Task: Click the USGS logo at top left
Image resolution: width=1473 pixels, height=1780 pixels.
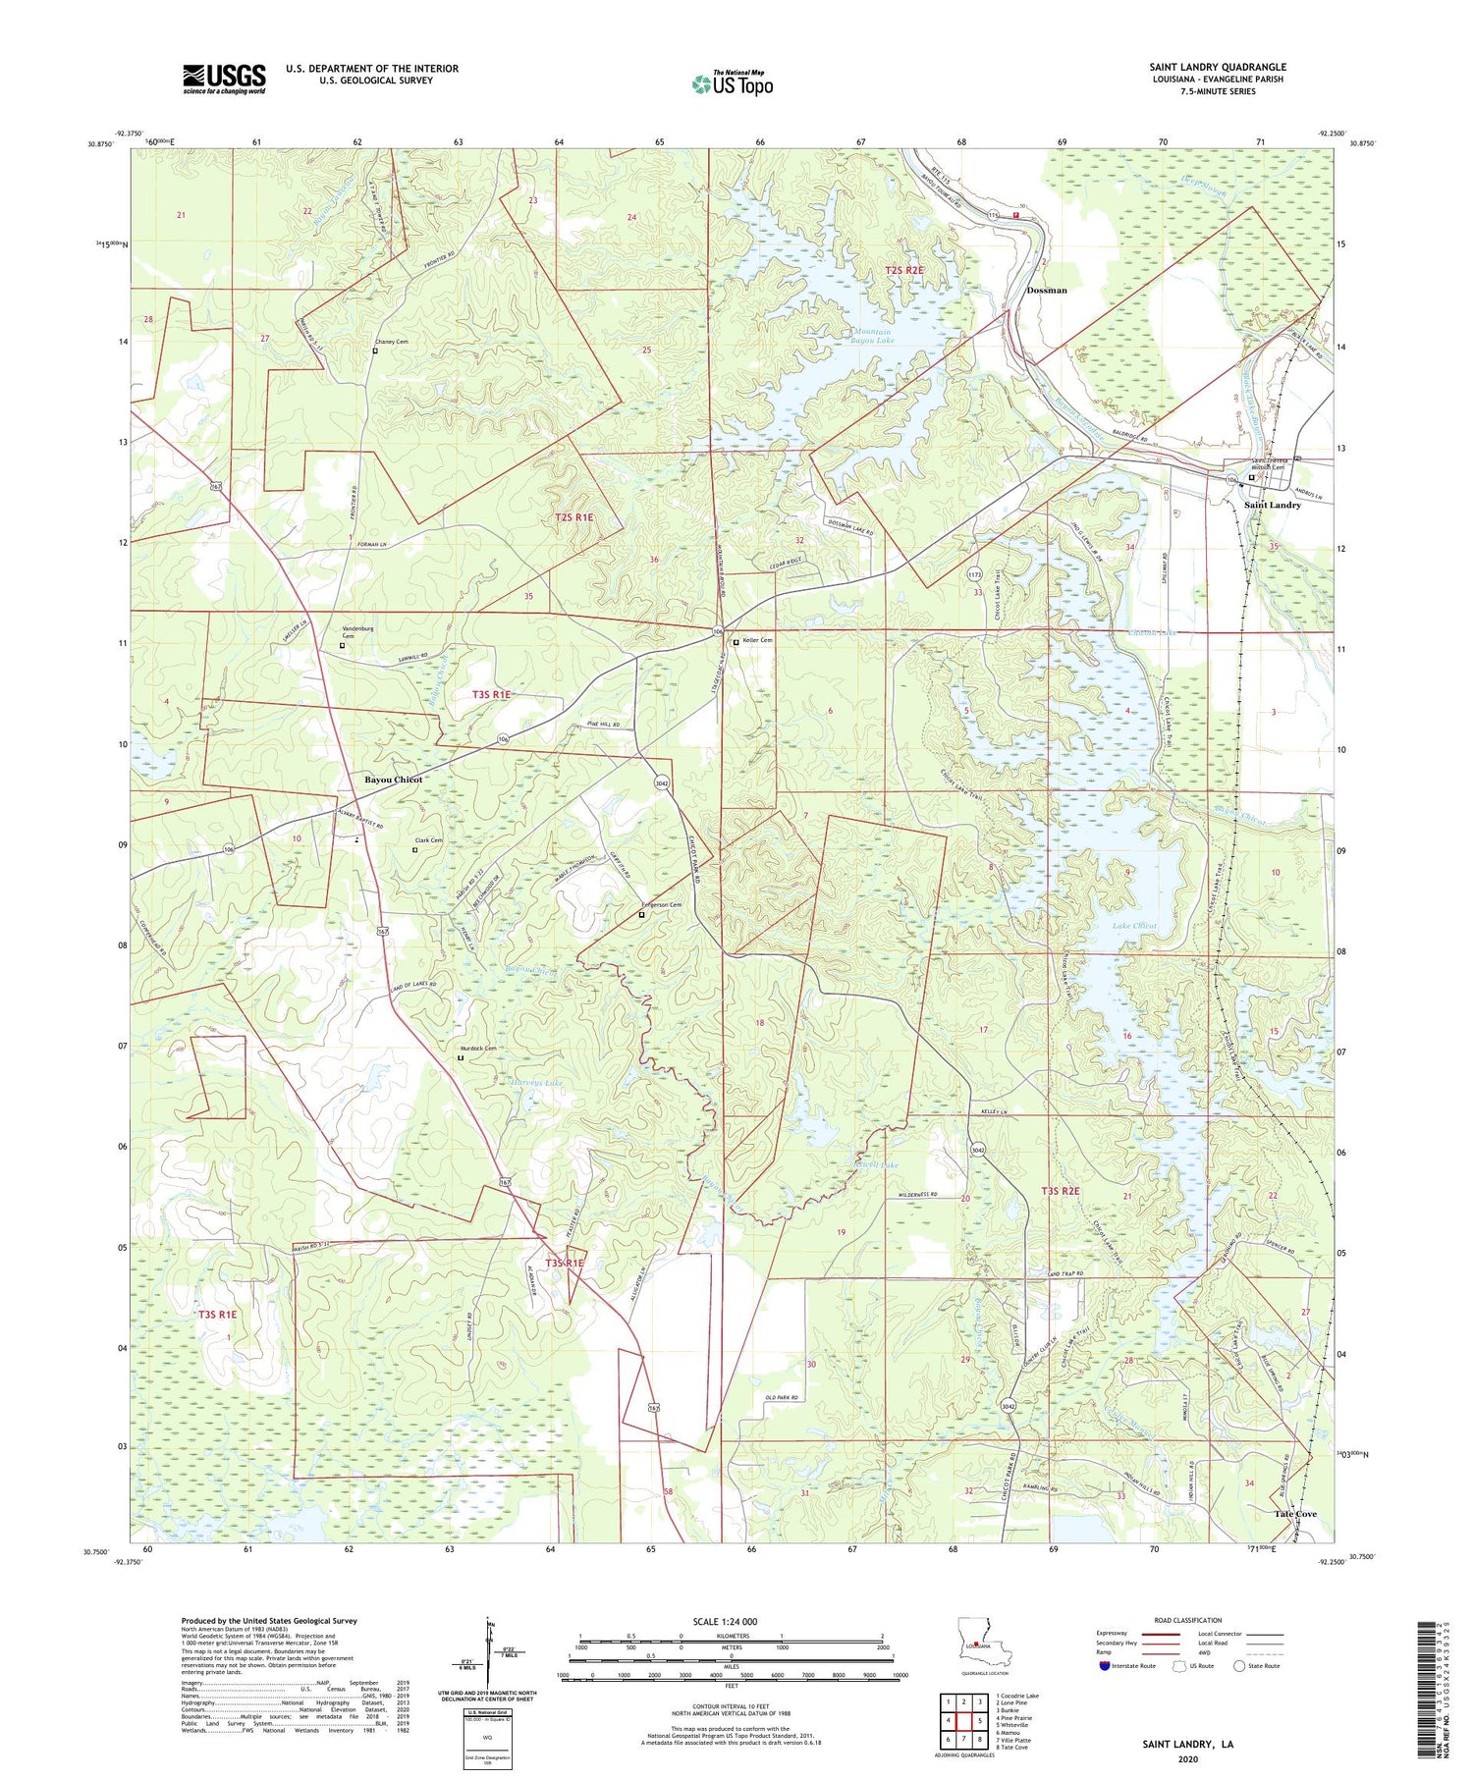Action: pos(224,79)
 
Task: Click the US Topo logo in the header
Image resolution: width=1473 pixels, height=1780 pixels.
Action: pos(732,83)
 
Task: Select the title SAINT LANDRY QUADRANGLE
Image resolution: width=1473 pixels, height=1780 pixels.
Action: pos(1217,67)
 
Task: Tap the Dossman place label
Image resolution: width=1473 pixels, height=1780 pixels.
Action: pos(1046,291)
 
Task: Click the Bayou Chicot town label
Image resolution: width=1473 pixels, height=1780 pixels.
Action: pos(393,780)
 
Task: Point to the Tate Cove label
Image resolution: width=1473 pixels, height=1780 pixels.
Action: pos(1295,1514)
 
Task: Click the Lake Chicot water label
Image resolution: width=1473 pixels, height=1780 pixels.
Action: pos(1134,926)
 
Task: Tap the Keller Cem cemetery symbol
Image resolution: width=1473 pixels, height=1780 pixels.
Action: pos(736,642)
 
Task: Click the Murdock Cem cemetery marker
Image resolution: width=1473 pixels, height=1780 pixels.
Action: pos(460,1058)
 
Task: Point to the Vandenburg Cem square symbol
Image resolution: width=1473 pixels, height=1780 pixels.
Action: pos(342,645)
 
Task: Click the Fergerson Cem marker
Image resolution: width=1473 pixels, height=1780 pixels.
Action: pos(642,914)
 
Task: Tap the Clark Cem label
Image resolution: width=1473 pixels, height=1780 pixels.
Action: pos(429,840)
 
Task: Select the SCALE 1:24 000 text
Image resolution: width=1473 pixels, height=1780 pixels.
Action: pos(731,1621)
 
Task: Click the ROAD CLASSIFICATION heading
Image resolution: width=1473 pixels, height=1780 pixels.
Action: pos(1188,1620)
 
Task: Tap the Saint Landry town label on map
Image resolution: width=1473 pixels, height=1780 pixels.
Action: pos(1272,505)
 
